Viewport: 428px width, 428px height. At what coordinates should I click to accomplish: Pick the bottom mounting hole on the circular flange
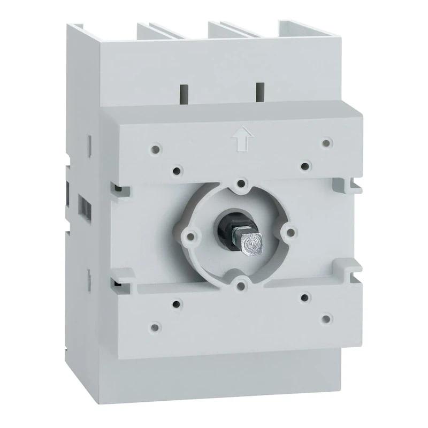242,284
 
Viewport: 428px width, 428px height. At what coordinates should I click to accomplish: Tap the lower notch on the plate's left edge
118,278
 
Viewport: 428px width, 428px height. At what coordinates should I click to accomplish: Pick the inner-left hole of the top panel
177,171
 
